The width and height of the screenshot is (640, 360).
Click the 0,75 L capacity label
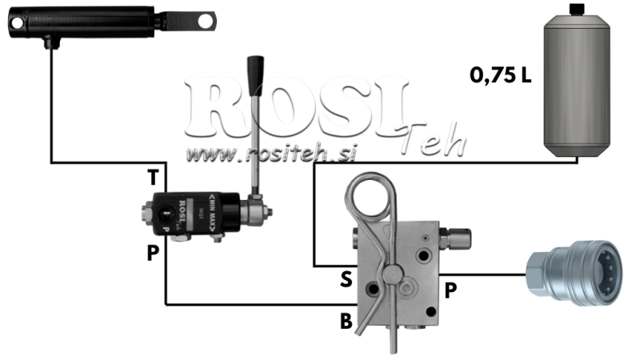pos(501,78)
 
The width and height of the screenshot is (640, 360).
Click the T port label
pos(153,175)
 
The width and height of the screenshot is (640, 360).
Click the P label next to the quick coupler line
pos(451,290)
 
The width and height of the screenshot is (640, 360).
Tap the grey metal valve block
pos(400,272)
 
